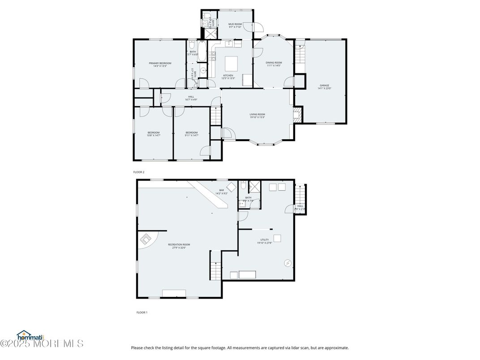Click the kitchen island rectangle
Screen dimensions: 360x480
231,61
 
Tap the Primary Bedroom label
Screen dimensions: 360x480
160,63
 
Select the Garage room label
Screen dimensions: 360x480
324,85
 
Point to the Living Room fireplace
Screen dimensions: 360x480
296,115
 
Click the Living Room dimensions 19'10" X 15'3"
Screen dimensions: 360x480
257,117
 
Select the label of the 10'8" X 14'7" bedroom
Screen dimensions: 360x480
154,133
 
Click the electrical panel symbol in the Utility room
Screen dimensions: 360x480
287,262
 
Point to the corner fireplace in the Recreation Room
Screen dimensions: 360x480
146,240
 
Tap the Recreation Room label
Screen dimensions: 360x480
179,244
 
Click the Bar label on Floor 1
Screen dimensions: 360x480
221,190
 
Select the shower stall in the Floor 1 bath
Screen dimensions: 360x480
256,186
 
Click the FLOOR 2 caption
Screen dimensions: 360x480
139,172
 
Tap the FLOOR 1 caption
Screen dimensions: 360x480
141,312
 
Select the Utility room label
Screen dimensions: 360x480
264,240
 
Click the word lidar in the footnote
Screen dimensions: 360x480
283,347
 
